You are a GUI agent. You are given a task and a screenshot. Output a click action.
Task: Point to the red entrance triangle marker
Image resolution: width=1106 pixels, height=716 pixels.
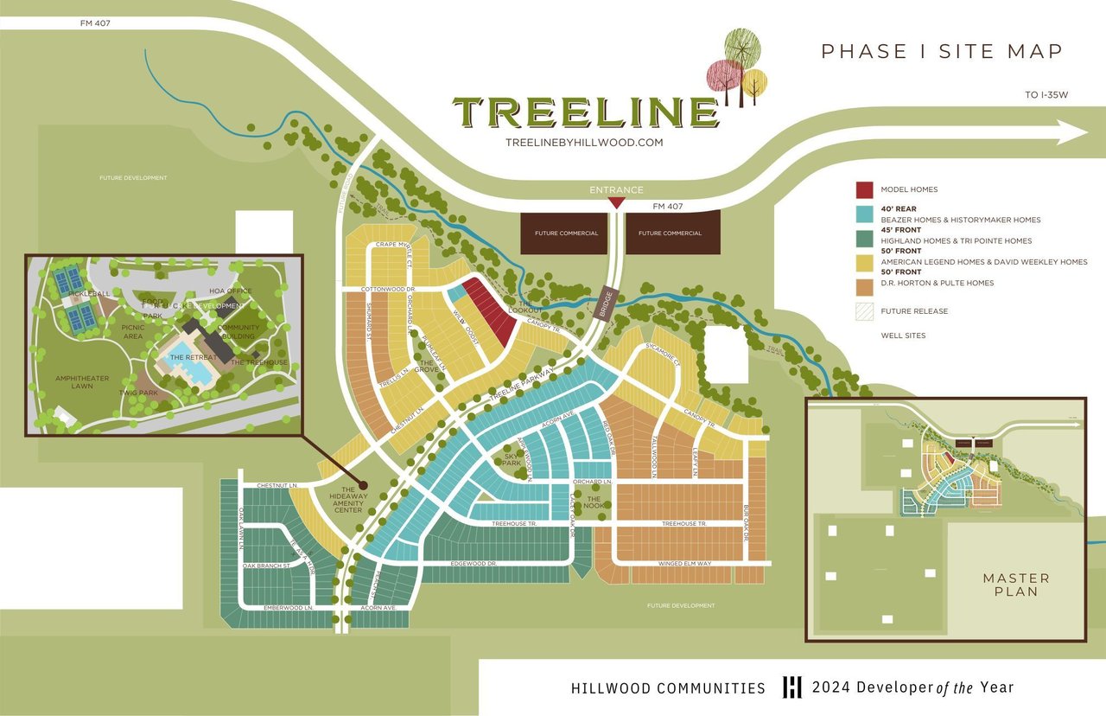(616, 203)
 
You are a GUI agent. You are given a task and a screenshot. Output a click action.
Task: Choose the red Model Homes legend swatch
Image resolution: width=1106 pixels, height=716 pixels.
(864, 189)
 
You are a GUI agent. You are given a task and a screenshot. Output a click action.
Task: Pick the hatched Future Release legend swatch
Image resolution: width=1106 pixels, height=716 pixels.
(864, 311)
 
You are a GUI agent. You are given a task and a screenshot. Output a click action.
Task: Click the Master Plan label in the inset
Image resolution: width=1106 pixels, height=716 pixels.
(1016, 585)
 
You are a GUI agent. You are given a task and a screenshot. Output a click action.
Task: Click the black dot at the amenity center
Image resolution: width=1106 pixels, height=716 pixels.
(363, 486)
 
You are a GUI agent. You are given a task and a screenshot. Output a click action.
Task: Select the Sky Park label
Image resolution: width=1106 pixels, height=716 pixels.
(512, 457)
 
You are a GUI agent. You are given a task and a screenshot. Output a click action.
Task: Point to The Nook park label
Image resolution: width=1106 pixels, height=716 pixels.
(594, 502)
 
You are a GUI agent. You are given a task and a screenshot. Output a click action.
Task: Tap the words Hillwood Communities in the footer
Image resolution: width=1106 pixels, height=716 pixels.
(668, 688)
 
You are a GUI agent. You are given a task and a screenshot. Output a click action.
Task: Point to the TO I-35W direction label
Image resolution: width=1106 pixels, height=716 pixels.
(1047, 95)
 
